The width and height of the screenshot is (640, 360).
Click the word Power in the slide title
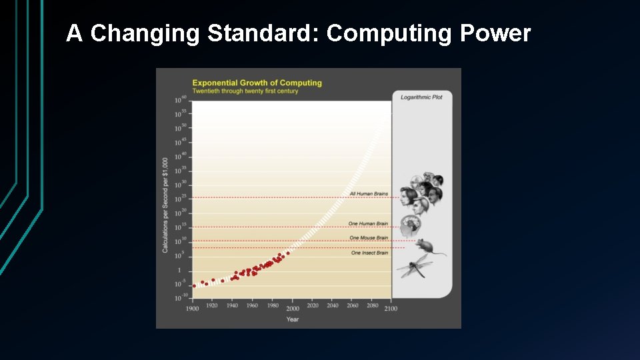click(495, 33)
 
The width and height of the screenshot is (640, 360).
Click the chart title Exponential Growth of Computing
click(257, 83)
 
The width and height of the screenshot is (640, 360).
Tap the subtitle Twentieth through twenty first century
click(245, 91)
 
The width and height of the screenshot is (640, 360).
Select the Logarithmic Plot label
click(421, 97)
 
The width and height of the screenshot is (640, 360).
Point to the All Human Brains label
click(369, 194)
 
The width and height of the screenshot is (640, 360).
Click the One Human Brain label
click(368, 223)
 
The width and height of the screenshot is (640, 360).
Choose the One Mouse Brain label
click(369, 238)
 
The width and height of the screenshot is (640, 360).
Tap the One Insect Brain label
click(369, 253)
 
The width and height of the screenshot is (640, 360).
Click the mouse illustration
click(429, 247)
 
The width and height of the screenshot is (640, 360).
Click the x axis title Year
click(292, 319)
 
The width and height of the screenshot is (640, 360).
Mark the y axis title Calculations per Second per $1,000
click(165, 205)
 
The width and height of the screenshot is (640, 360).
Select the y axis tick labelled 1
click(179, 270)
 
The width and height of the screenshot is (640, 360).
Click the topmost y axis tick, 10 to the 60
click(180, 100)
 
